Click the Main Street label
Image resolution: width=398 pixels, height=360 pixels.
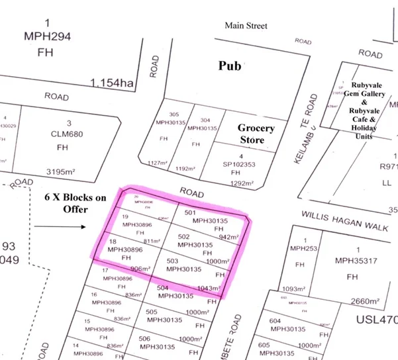point(246,26)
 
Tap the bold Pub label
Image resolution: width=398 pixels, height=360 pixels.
point(232,66)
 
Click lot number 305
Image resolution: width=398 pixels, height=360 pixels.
point(174,114)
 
